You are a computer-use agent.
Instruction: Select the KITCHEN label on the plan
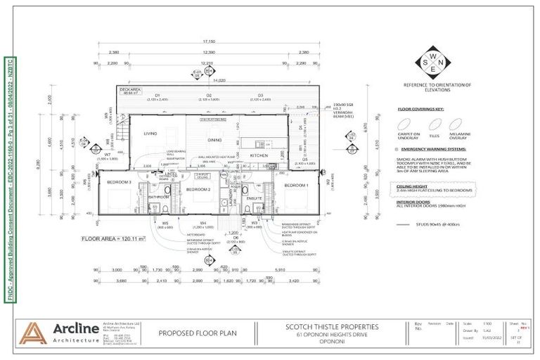coord(259,155)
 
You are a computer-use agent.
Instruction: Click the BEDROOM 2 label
coord(199,189)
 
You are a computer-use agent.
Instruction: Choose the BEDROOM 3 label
coord(119,182)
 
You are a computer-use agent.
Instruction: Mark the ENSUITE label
coord(255,199)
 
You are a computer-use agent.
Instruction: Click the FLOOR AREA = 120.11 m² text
coord(115,239)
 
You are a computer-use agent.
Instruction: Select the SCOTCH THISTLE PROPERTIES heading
coord(332,326)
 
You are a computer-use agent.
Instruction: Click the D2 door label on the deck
coord(209,95)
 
